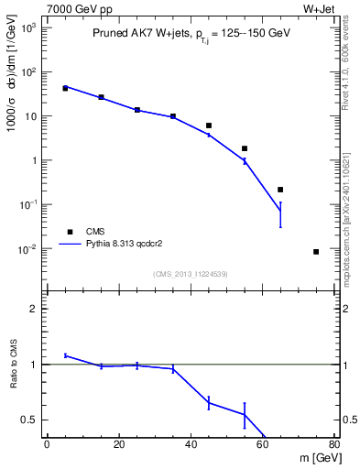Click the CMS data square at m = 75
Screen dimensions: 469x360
click(316, 251)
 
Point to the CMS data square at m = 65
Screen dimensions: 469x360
click(280, 190)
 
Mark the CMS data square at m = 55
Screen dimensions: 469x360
click(245, 148)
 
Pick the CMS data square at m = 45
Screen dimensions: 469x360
click(209, 125)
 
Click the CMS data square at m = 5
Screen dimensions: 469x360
click(65, 89)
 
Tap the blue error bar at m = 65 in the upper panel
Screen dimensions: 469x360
click(280, 214)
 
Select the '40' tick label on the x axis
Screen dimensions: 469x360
click(191, 446)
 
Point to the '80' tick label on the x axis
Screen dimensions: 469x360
click(333, 446)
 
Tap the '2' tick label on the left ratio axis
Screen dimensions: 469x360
click(33, 309)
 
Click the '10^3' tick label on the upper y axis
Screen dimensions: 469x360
click(28, 28)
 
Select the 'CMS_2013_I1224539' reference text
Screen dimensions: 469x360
click(191, 273)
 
